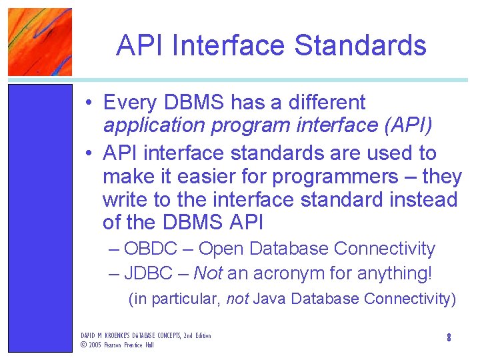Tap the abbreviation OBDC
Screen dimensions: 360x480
point(151,249)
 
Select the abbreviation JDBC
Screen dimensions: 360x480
point(149,273)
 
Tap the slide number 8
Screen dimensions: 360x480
point(449,338)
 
